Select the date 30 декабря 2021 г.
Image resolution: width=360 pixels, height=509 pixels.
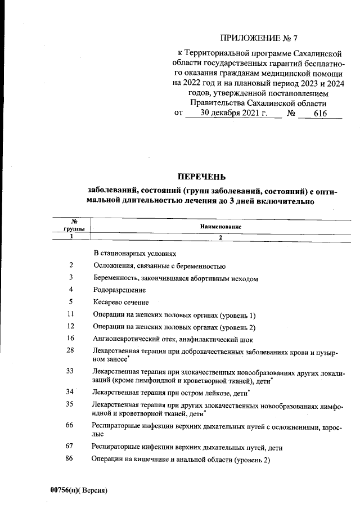(233, 113)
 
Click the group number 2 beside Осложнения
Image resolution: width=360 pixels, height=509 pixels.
(71, 265)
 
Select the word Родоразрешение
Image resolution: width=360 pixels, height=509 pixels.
(120, 290)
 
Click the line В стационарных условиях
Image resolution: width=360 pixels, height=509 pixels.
(135, 254)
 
